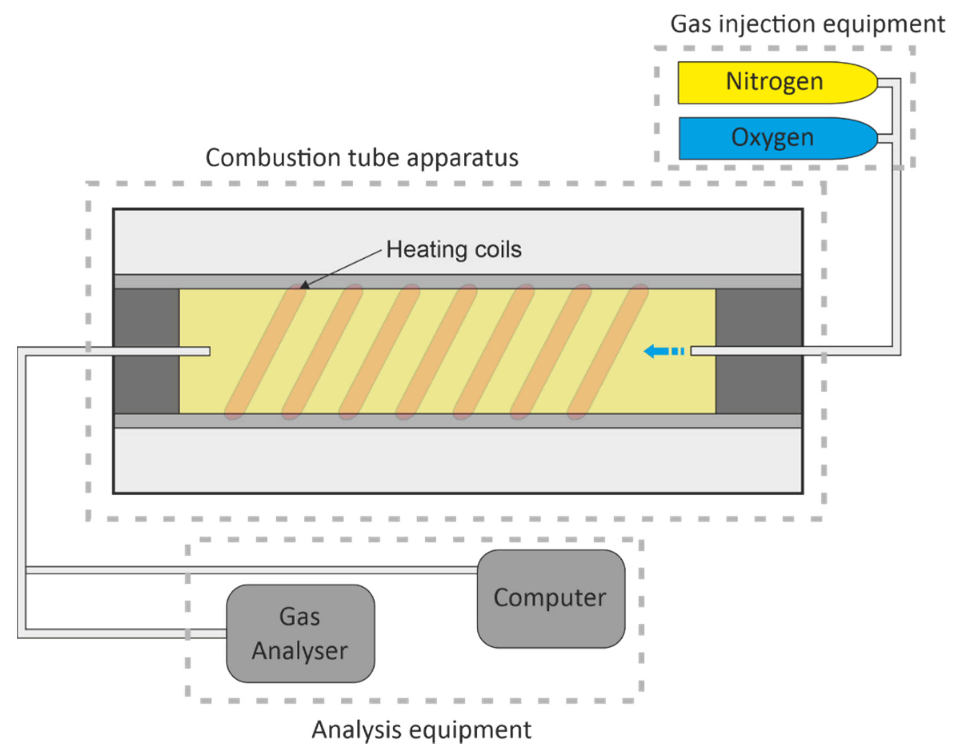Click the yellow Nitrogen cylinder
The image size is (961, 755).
[x=774, y=83]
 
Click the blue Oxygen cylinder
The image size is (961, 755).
[x=774, y=138]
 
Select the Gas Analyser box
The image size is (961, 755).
[x=300, y=634]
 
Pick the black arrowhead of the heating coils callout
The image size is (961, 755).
[x=304, y=285]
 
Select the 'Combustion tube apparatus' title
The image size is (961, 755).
[x=362, y=158]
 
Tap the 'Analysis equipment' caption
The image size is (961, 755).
[x=421, y=729]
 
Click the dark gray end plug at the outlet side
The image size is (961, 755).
[x=146, y=351]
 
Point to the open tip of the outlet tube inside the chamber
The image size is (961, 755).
[x=208, y=351]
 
